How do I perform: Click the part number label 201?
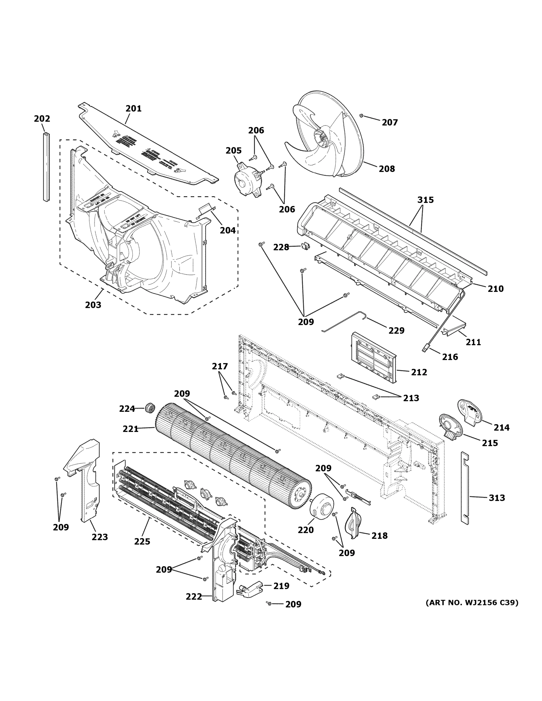point(134,108)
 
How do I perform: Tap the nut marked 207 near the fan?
point(361,116)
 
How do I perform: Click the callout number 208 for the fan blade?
point(387,169)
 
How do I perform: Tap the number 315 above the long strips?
point(425,200)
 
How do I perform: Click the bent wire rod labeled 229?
point(344,321)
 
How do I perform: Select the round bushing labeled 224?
point(150,409)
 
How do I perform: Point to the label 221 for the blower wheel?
point(130,429)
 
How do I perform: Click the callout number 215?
point(490,443)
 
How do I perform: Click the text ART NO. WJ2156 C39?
point(472,603)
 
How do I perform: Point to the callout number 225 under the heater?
point(142,542)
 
